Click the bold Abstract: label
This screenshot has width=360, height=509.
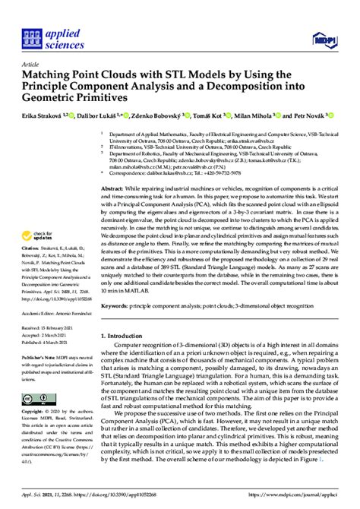point(113,187)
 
